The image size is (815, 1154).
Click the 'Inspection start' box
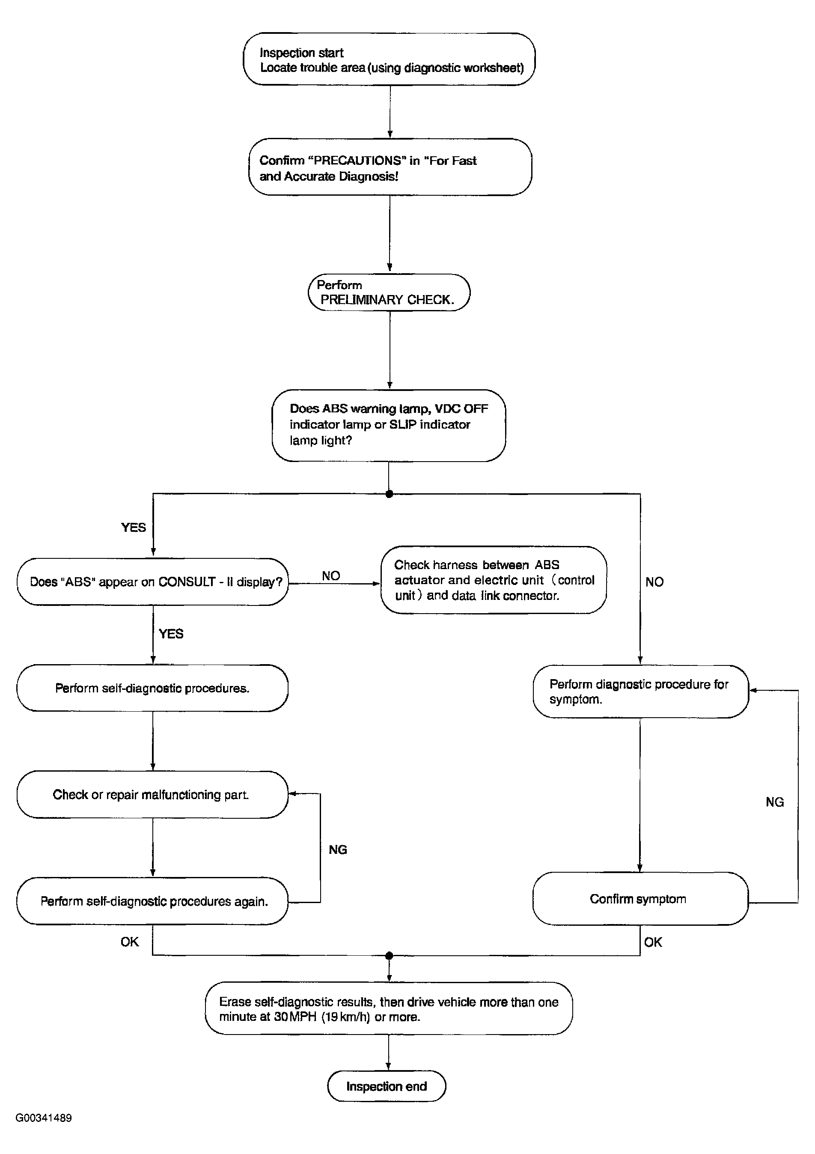pos(390,60)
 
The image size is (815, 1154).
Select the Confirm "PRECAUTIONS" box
pos(390,167)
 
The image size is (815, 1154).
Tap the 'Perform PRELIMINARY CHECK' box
pos(390,292)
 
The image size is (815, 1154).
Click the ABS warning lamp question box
pos(389,425)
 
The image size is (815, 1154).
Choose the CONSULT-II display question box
pos(153,581)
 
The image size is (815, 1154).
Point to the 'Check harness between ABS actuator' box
pos(494,580)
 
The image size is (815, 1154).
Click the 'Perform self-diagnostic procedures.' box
pos(152,688)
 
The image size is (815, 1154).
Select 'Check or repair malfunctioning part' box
pos(152,795)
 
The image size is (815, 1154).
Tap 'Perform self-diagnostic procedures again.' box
pos(152,901)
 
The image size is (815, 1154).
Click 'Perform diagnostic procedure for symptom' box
pos(641,692)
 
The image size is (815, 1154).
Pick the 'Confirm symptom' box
pos(641,899)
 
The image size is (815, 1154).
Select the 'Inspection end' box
pos(387,1086)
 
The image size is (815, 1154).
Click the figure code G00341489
pos(44,1118)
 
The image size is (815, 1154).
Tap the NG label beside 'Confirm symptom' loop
pos(775,802)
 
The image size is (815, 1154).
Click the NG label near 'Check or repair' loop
pos(338,850)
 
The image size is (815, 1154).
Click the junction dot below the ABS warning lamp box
pos(389,494)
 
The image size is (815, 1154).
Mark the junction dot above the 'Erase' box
pos(389,955)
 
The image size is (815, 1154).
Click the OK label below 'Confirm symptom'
pos(653,942)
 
